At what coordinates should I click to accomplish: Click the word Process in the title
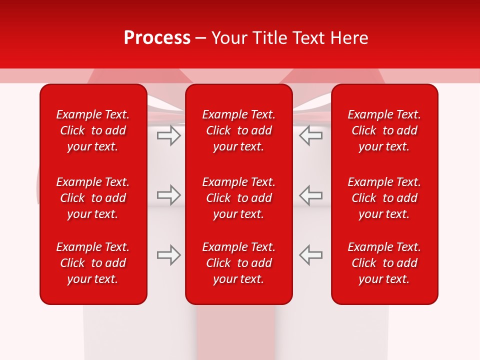(x=157, y=38)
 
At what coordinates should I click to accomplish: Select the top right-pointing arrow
(x=169, y=135)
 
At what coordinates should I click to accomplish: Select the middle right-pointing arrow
(x=169, y=195)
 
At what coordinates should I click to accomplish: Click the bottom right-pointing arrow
(x=169, y=255)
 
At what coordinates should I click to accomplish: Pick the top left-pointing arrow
(x=311, y=135)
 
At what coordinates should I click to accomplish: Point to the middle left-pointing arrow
(x=311, y=195)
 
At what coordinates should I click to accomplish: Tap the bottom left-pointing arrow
(x=311, y=255)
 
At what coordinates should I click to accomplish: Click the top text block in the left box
(x=93, y=130)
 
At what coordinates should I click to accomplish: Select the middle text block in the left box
(x=93, y=198)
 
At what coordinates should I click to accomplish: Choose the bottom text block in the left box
(x=93, y=263)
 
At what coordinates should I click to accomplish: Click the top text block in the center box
(x=239, y=130)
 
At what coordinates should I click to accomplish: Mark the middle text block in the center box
(x=239, y=198)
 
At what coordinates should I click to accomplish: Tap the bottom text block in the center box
(x=239, y=263)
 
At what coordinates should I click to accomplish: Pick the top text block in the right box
(x=384, y=130)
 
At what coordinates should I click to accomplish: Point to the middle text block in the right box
(x=384, y=198)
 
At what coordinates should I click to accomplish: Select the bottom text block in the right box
(x=384, y=263)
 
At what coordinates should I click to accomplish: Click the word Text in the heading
(x=309, y=38)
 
